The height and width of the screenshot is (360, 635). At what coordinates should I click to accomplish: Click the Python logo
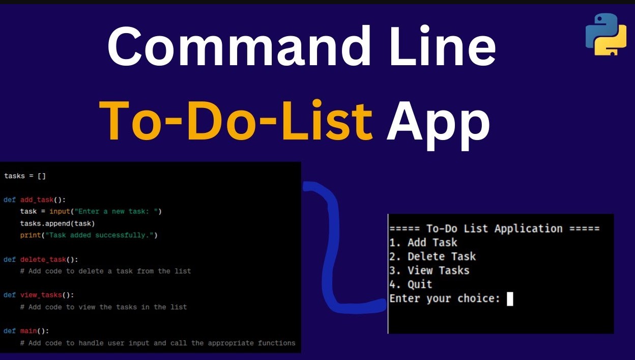coord(606,34)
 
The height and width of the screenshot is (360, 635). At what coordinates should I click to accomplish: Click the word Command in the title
coord(239,46)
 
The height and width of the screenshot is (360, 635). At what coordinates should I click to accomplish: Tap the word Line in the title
coord(443,46)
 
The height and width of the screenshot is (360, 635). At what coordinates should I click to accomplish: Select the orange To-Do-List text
coord(236,120)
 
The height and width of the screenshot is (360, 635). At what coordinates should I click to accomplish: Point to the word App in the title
coord(438,125)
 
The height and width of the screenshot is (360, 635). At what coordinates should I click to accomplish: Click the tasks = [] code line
coord(24,176)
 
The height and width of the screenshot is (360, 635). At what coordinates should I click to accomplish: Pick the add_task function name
coord(37,200)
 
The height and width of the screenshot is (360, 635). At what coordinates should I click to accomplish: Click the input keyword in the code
coord(60,211)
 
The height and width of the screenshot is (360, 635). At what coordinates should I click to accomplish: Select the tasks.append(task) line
coord(57,224)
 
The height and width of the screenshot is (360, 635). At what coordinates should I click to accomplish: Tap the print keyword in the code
coord(31,235)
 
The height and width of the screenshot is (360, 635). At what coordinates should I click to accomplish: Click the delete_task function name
coord(43,259)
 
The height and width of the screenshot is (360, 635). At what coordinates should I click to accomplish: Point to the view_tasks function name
coord(41,295)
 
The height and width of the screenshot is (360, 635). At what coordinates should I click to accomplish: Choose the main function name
coord(28,331)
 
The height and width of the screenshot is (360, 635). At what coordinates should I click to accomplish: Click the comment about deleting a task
coord(105,271)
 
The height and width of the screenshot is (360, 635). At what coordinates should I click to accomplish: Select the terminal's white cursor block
coord(510,299)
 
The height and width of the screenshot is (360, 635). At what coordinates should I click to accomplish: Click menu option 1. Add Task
coord(423,242)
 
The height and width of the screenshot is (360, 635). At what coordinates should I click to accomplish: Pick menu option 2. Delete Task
coord(432,257)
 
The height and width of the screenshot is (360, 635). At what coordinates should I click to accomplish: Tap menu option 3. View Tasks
coord(429,270)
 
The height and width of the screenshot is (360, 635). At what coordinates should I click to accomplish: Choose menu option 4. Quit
coord(411,284)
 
